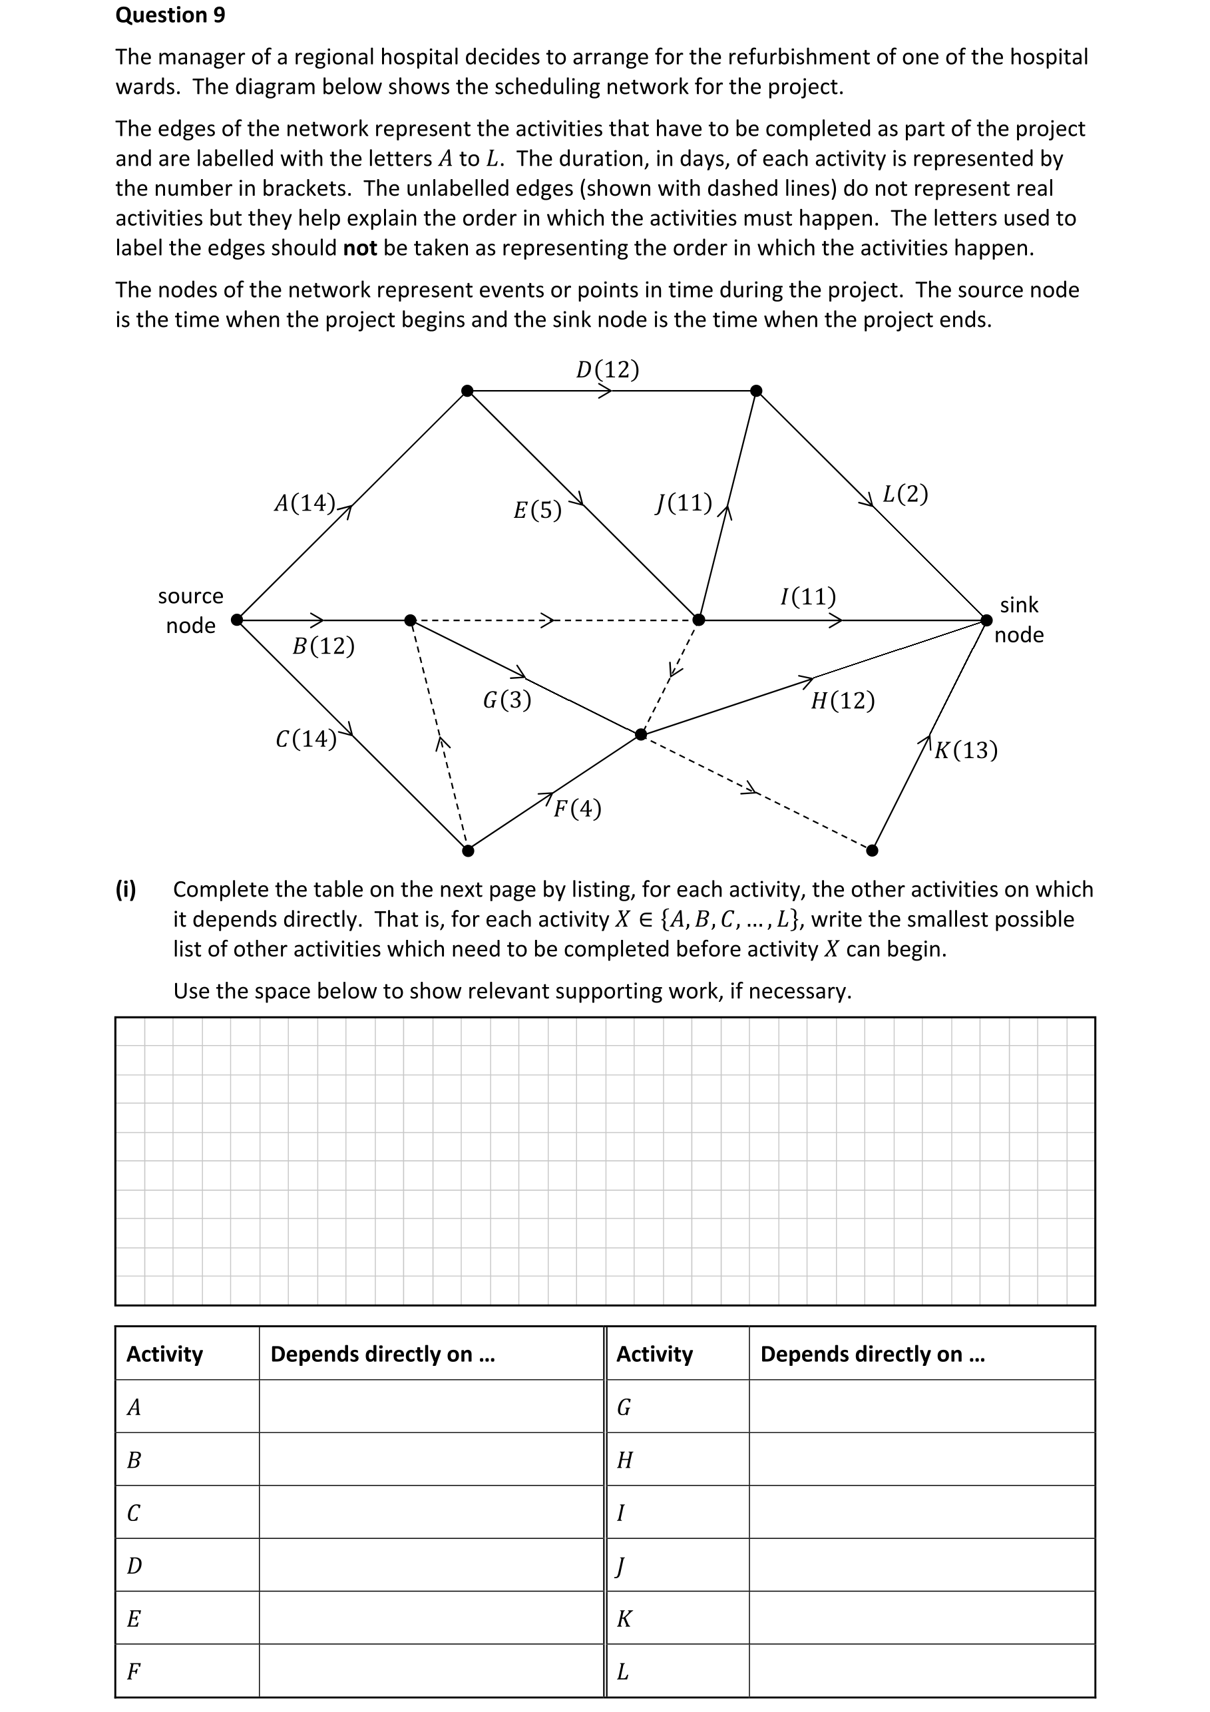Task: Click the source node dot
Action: tap(237, 620)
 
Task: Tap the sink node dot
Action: tap(986, 620)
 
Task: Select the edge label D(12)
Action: tap(607, 370)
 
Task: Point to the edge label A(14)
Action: tap(304, 503)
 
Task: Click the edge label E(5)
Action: tap(537, 511)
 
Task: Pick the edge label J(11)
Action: tap(684, 503)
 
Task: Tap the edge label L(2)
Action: tap(905, 495)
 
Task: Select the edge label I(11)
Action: tap(807, 596)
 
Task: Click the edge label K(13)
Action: tap(966, 750)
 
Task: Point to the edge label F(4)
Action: tap(577, 809)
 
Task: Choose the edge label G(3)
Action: tap(507, 700)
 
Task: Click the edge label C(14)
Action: tap(305, 739)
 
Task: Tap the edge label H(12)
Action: tap(843, 701)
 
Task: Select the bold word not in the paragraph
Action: tap(359, 248)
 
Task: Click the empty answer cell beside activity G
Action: tap(922, 1406)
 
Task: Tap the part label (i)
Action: tap(126, 889)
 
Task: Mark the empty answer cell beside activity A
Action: tap(431, 1406)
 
